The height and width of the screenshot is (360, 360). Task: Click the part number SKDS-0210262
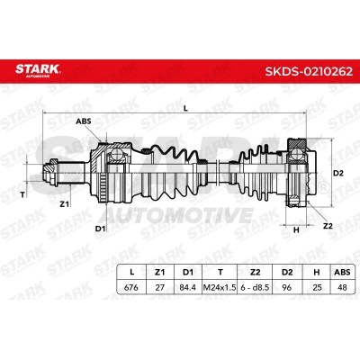tap(309, 71)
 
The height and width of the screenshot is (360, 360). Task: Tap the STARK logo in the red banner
tap(38, 70)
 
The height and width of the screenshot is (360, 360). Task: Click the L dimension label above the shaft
tap(185, 109)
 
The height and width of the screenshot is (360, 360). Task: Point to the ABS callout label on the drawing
tap(84, 121)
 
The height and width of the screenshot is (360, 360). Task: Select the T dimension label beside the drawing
tap(22, 195)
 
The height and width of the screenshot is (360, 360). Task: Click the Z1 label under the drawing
tap(64, 204)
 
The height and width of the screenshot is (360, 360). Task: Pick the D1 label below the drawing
tap(101, 229)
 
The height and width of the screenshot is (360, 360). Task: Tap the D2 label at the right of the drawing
tap(338, 173)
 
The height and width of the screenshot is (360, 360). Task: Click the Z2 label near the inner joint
tap(328, 226)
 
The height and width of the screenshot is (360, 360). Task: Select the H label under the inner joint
tap(296, 230)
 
